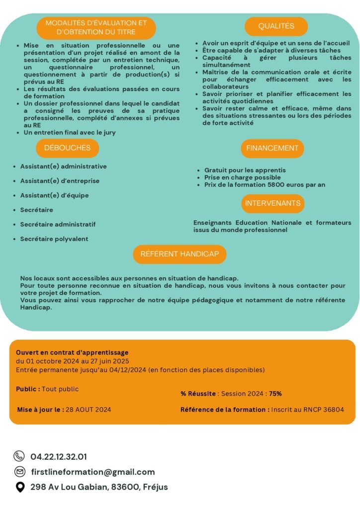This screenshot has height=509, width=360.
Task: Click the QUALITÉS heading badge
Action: tap(276, 26)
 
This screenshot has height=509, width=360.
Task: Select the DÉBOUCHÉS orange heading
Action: tap(67, 148)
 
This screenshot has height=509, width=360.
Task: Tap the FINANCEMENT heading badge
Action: tap(272, 148)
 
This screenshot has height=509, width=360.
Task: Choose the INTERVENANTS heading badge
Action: tap(272, 203)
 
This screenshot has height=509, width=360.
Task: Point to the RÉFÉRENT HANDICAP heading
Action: tap(180, 254)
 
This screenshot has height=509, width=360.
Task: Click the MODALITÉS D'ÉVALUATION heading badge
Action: tap(96, 28)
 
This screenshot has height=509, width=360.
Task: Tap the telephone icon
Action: tap(19, 456)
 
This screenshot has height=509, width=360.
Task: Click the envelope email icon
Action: tap(19, 472)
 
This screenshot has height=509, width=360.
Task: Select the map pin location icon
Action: tap(19, 487)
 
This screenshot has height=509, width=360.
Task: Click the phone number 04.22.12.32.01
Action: tap(59, 456)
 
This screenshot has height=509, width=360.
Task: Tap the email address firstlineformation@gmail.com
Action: tap(92, 472)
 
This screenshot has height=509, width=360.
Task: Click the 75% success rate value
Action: tap(275, 394)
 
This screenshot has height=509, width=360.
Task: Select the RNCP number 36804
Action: tap(333, 410)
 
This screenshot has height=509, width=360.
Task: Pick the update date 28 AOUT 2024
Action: tap(88, 410)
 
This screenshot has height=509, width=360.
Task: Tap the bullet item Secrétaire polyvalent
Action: tap(54, 239)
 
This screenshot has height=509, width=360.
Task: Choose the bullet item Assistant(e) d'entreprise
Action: tap(60, 181)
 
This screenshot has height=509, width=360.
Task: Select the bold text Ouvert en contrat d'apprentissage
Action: tap(72, 352)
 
